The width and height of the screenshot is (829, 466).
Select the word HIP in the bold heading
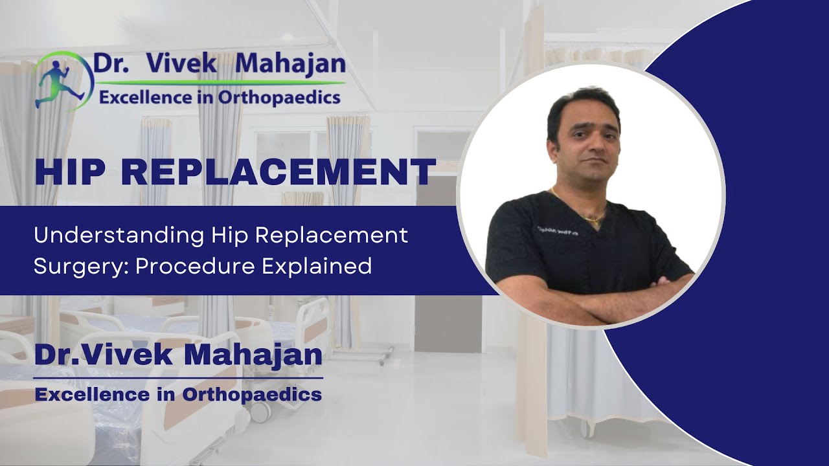point(71,172)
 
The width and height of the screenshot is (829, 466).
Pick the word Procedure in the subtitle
point(194,266)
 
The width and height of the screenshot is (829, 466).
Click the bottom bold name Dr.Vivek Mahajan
point(178,355)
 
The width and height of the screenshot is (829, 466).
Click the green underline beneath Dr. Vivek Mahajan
point(220,83)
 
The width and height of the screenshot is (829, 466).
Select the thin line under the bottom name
point(178,378)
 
